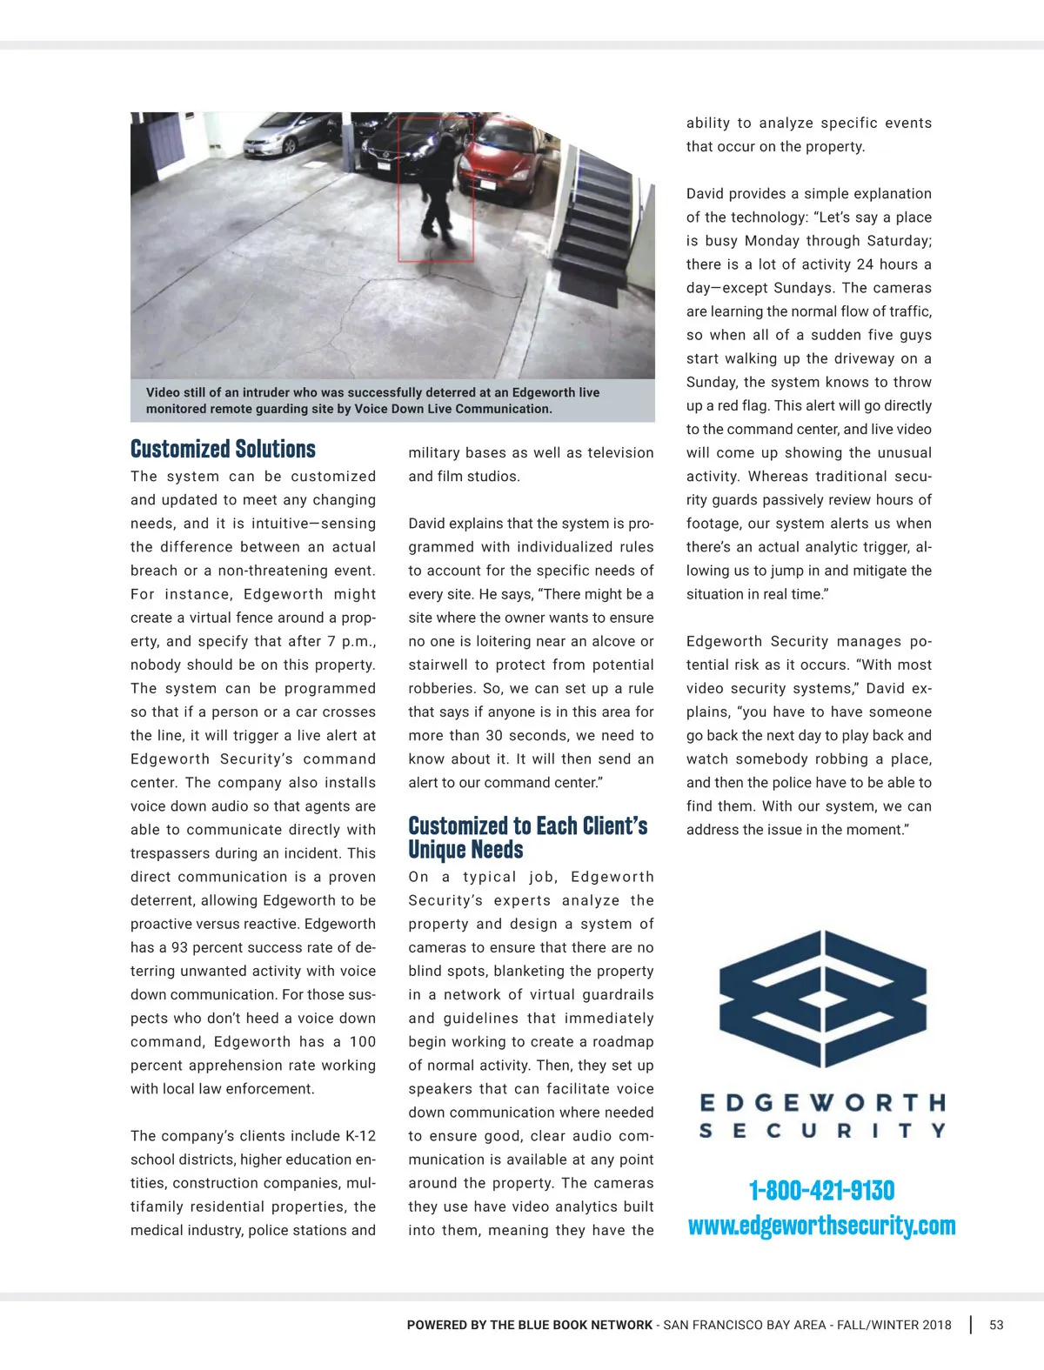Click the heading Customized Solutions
point(223,449)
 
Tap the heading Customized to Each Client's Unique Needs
point(527,837)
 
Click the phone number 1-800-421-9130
point(821,1190)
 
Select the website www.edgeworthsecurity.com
point(821,1226)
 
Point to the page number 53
point(996,1325)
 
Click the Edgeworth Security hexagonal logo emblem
point(822,998)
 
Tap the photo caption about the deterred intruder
point(373,401)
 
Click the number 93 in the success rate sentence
point(179,947)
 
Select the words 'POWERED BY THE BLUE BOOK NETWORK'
point(529,1325)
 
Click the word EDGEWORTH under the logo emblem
point(822,1103)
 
